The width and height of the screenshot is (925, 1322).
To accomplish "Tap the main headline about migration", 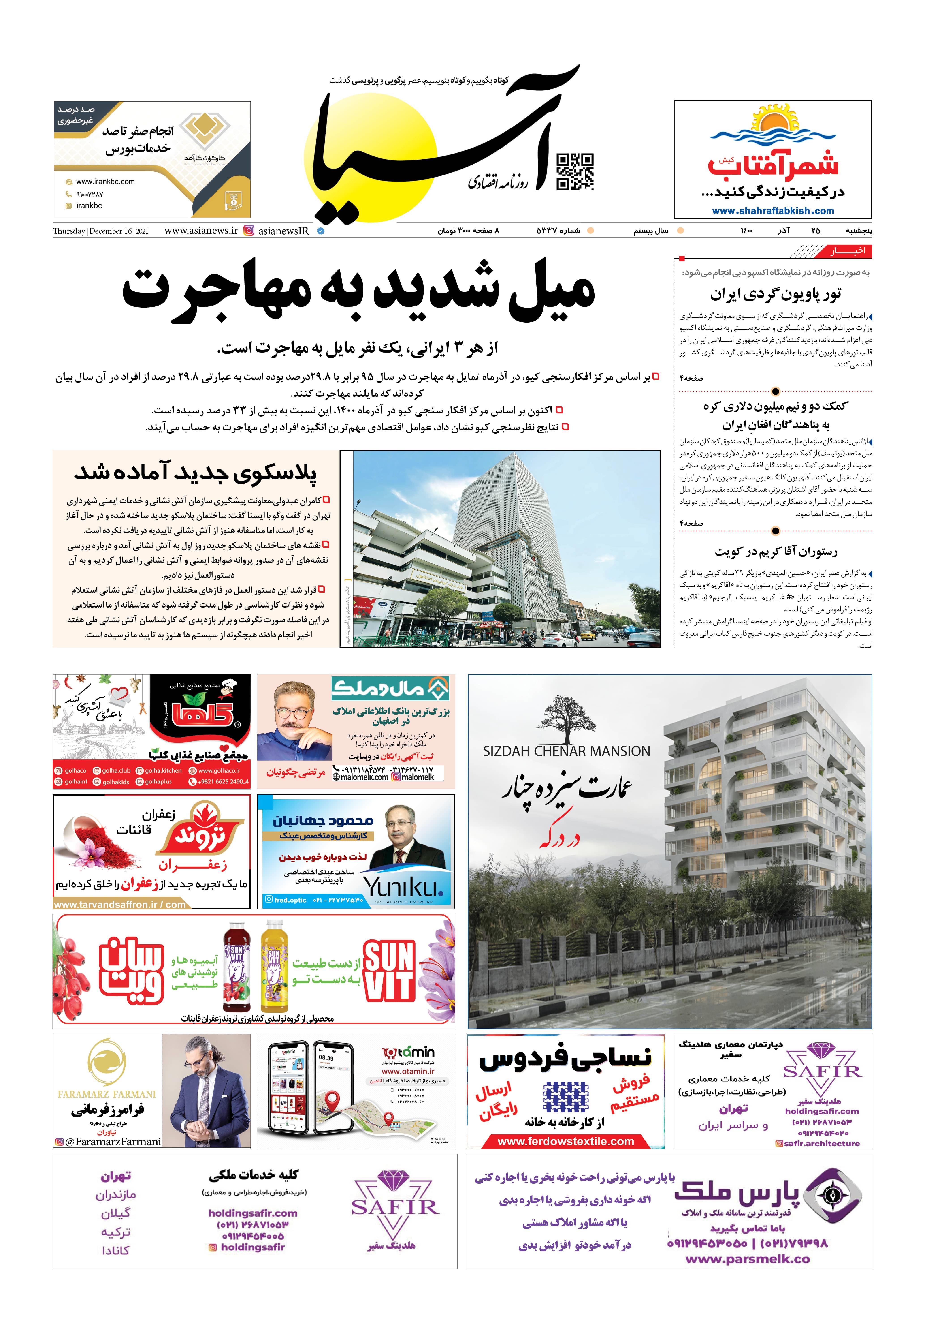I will tap(358, 291).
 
